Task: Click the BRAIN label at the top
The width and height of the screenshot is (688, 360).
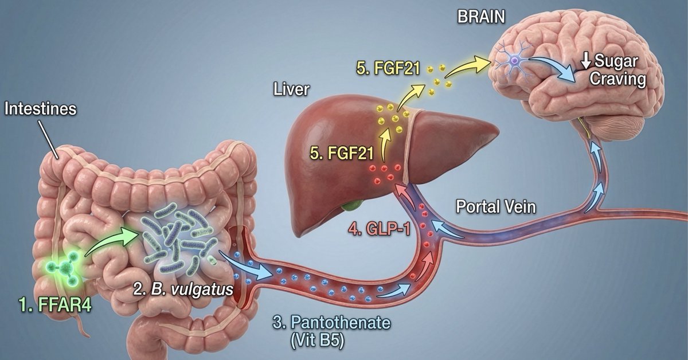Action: click(480, 17)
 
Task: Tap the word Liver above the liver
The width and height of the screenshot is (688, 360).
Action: click(291, 89)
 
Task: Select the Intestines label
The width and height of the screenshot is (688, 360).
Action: click(40, 109)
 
